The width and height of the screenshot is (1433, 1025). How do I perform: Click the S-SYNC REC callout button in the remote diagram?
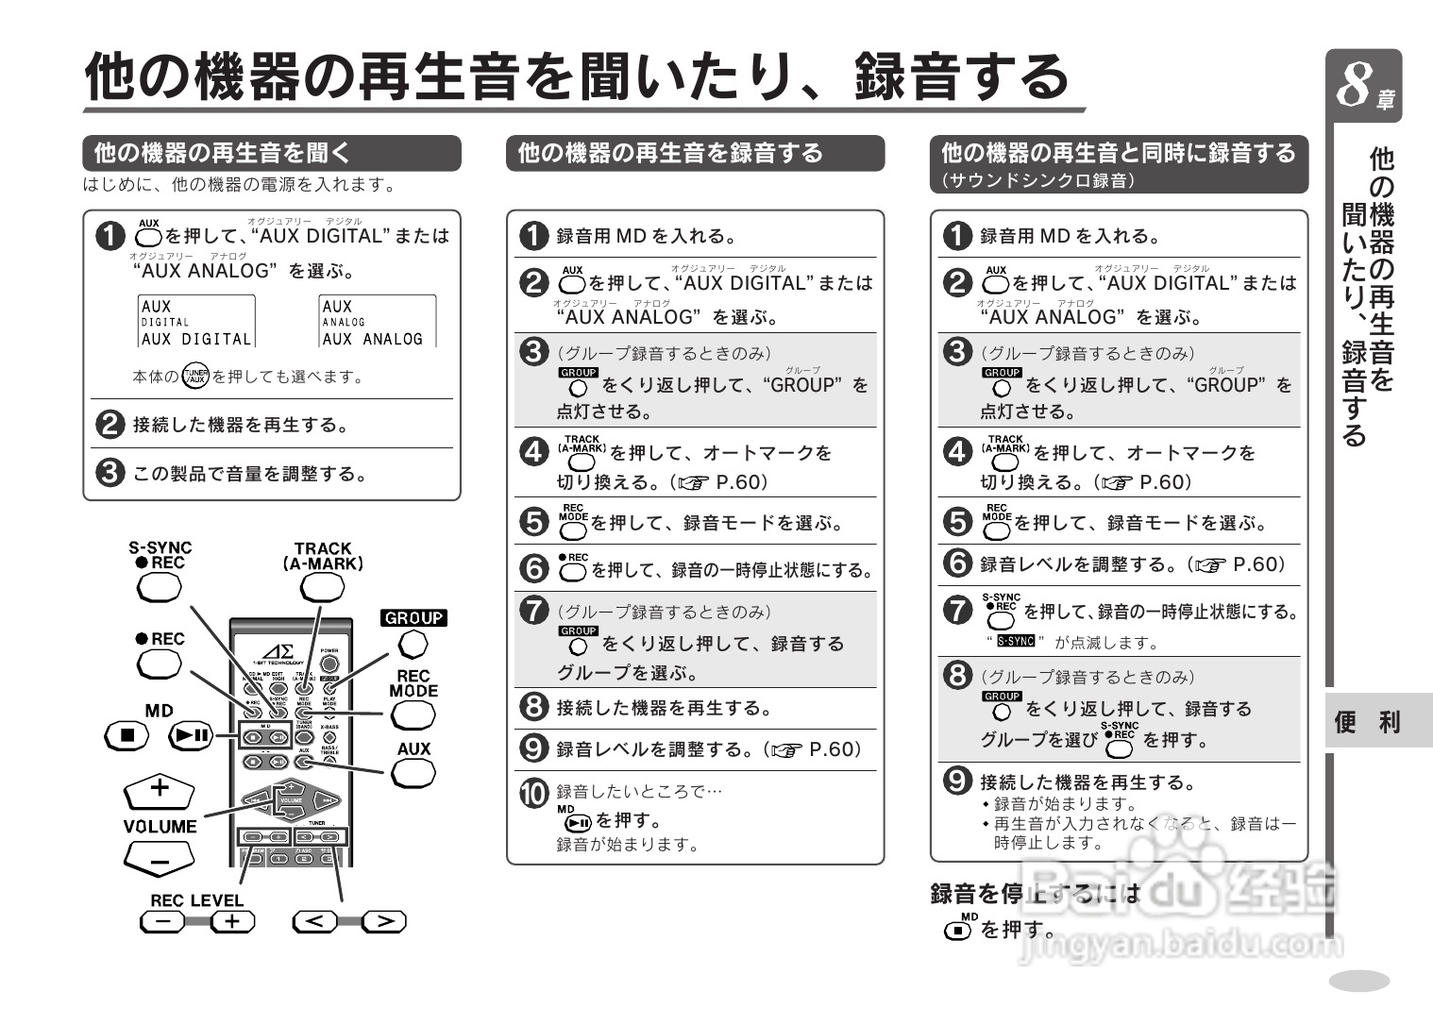click(x=159, y=588)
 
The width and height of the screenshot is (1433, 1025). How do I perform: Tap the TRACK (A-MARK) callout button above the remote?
click(x=322, y=587)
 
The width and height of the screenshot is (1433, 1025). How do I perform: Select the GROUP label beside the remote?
click(x=413, y=618)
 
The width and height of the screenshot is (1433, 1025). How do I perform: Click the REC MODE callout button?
click(x=413, y=715)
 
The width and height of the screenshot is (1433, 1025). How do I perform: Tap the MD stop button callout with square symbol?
click(x=126, y=735)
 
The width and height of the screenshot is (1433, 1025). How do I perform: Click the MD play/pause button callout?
click(x=191, y=735)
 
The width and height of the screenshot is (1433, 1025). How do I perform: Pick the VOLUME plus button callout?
click(x=159, y=790)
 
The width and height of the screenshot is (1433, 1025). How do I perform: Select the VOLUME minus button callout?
click(x=159, y=860)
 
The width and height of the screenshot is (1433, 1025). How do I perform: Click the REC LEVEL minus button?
click(x=162, y=922)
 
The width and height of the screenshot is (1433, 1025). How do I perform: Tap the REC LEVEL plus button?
click(x=232, y=922)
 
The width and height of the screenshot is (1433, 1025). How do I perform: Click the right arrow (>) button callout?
click(x=384, y=921)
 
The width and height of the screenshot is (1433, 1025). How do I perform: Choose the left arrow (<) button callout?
click(x=316, y=921)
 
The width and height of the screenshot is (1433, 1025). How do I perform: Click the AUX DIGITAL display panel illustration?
click(x=196, y=322)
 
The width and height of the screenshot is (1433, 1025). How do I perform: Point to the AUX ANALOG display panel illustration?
click(x=377, y=322)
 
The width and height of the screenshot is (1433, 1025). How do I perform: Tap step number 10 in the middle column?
click(x=534, y=793)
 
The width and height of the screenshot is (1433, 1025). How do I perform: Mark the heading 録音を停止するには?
click(x=1035, y=893)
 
